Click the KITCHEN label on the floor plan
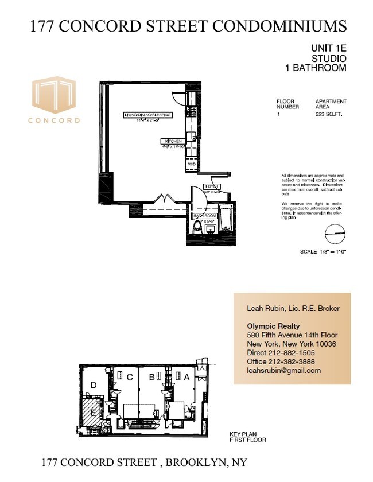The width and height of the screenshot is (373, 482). point(173,141)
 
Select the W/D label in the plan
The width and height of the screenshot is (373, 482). point(191,164)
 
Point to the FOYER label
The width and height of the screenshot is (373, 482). point(212,187)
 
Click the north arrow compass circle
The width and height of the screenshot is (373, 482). point(336,234)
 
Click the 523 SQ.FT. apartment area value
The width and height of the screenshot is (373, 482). point(331,114)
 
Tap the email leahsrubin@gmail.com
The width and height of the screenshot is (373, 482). point(283,371)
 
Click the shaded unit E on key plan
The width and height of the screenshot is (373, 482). point(91,411)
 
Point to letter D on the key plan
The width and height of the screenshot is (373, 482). point(94,386)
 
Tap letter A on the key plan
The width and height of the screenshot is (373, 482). point(186,377)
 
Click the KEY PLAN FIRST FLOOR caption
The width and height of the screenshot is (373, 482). point(247,437)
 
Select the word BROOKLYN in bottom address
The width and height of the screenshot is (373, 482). point(193,462)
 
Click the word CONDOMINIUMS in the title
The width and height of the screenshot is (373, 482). point(280,26)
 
